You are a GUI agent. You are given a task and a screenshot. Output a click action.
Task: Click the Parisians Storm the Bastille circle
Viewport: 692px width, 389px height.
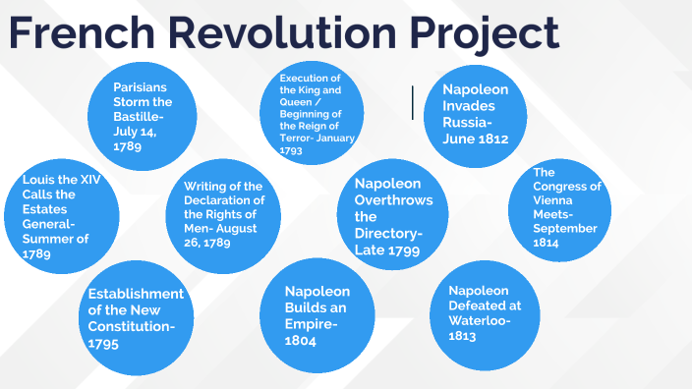[x=142, y=116]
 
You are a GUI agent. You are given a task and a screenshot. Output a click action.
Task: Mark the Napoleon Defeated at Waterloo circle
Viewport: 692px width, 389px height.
[x=479, y=313]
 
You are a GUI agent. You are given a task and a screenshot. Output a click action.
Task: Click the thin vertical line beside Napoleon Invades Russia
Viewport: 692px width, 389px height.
[x=413, y=102]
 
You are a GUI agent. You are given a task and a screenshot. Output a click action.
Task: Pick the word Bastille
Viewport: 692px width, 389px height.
[x=141, y=115]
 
